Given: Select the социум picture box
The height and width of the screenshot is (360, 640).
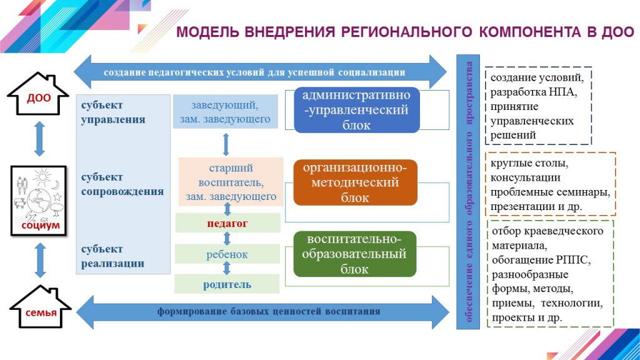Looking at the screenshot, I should (39, 200).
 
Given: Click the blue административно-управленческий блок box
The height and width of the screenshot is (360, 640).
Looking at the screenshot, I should (356, 110).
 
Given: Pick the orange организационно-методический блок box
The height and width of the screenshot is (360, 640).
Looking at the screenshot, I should (354, 182).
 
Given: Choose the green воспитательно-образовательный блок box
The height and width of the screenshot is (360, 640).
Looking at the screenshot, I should (354, 254).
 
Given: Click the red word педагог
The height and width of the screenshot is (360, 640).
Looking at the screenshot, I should (227, 222).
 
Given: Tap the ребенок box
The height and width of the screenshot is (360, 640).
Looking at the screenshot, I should (227, 254).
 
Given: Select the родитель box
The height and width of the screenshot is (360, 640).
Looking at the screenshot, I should (227, 284).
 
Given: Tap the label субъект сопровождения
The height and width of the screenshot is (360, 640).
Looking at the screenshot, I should (122, 184).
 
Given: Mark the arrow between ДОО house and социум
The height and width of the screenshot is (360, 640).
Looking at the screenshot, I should (39, 138).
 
